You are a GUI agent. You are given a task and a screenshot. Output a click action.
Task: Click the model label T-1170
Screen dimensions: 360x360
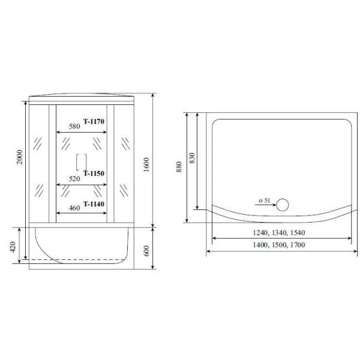tap(94, 121)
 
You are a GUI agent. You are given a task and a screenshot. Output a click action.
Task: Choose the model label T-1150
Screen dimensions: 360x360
tap(94, 173)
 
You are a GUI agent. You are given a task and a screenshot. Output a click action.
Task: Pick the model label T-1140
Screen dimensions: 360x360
tap(94, 204)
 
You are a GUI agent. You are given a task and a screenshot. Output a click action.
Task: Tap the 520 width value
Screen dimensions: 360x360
tap(74, 179)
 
